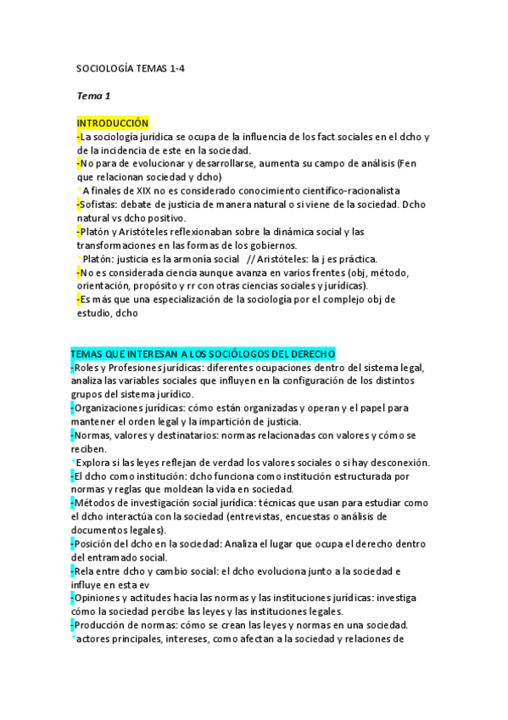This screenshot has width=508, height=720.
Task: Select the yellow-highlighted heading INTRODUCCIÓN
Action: click(112, 123)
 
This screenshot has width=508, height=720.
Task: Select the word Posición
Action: click(97, 543)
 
